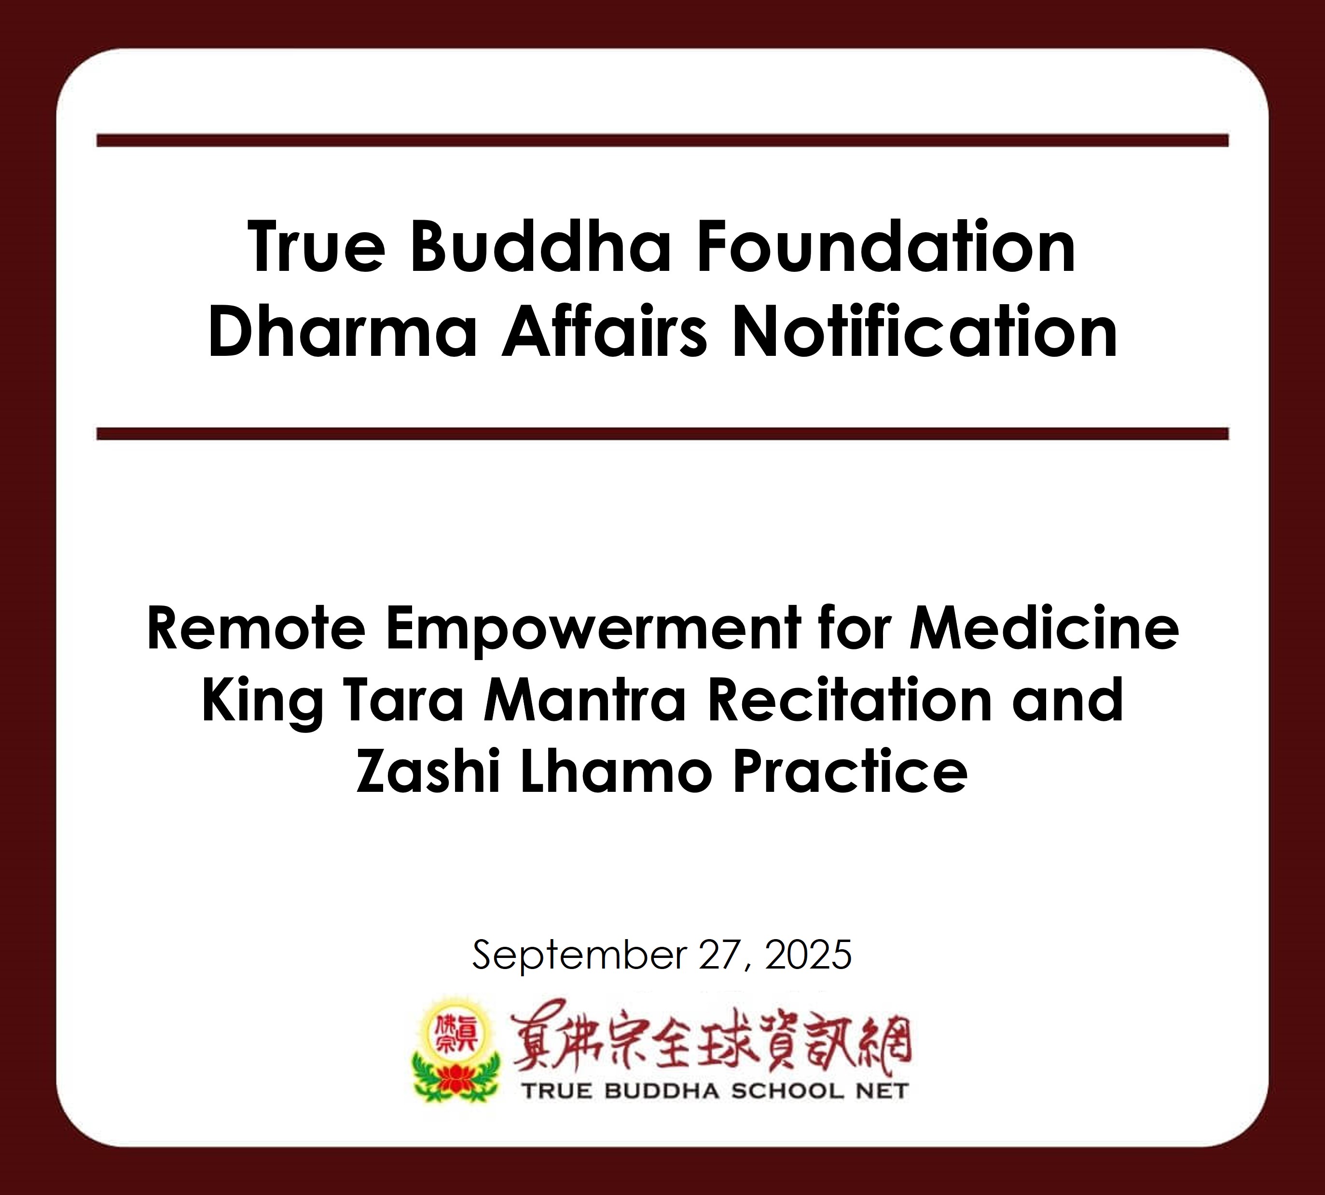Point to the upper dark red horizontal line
pyautogui.click(x=662, y=141)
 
